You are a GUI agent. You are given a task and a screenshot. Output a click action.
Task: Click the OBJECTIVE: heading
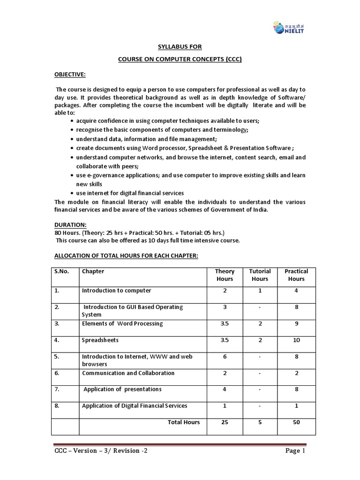[69, 75]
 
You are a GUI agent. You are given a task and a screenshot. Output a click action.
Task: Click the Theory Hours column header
[225, 275]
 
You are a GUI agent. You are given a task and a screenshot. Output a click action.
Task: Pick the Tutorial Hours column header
[260, 275]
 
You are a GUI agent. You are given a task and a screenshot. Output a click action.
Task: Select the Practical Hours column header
[296, 275]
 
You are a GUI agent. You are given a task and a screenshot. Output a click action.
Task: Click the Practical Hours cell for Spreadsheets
[296, 340]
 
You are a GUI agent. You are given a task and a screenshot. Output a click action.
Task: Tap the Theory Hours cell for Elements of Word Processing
[225, 323]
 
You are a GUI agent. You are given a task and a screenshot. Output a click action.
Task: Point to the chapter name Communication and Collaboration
[128, 373]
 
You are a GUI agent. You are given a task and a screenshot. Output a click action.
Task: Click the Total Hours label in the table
[184, 422]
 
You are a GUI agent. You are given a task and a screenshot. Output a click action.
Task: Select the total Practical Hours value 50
[296, 422]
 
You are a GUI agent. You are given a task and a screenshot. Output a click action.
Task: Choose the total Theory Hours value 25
[225, 422]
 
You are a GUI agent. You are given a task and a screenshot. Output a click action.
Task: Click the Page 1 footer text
[294, 451]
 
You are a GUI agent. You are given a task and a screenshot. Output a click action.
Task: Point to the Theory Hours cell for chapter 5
[225, 357]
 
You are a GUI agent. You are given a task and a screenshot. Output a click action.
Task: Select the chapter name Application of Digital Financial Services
[135, 405]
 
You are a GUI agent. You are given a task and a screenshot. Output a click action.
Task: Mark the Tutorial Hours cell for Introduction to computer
[260, 291]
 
